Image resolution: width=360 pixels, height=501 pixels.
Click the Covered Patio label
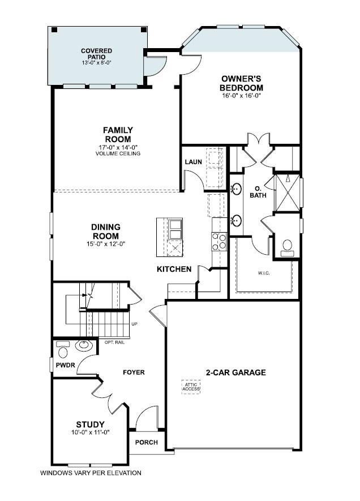96,54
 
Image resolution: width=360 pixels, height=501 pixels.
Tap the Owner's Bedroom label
241,83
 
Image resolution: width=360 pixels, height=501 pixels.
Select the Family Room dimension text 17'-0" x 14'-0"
118,147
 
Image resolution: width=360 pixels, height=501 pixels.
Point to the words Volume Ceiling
118,153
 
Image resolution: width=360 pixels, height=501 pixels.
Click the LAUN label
193,162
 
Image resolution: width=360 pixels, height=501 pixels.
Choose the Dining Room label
105,232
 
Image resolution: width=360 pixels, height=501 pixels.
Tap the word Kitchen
174,269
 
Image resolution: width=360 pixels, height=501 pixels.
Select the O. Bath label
258,192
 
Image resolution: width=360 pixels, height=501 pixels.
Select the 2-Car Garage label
235,372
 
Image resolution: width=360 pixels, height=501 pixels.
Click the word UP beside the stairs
134,324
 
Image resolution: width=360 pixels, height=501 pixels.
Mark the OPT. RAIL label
114,342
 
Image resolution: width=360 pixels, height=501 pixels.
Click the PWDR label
61,366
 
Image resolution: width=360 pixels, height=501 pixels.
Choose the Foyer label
134,372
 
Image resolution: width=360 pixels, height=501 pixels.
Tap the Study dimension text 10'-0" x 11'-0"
90,432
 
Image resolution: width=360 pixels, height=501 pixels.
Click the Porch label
146,442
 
